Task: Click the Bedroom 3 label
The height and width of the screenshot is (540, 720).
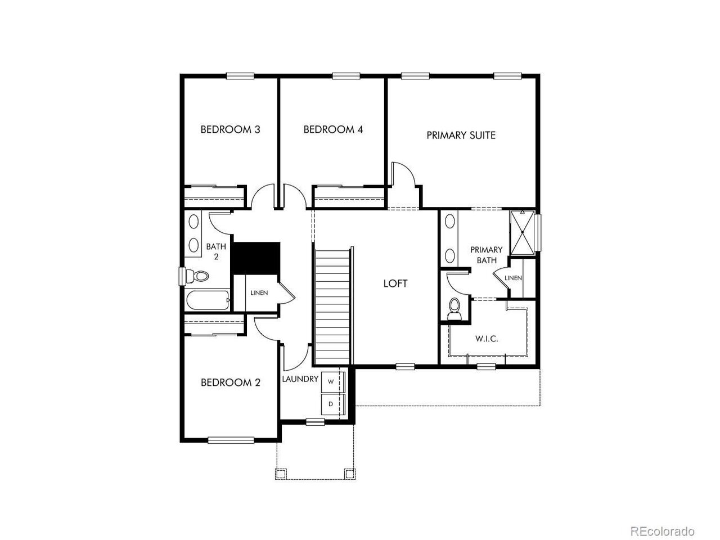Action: tap(230, 129)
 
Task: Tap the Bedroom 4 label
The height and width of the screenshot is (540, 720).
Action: tap(333, 129)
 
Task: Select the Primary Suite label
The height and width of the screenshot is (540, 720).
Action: tap(461, 136)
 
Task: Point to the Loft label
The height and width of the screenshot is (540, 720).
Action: tap(395, 283)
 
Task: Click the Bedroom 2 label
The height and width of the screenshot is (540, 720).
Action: tap(230, 382)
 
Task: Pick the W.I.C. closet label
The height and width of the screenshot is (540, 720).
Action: tap(487, 339)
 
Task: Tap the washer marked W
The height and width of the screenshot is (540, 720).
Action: tap(332, 381)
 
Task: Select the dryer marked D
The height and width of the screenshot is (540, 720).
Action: tap(332, 404)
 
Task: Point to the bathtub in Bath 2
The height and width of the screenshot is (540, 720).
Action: tap(208, 300)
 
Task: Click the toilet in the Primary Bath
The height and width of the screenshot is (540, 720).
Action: tap(454, 308)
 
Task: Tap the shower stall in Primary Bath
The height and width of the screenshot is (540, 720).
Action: tap(522, 232)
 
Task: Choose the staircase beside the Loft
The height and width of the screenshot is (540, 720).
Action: tap(333, 306)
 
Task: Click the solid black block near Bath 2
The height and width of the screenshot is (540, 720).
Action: tap(256, 258)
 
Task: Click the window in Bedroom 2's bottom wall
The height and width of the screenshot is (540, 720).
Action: tap(231, 440)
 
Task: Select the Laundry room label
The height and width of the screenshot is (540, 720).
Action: tap(300, 379)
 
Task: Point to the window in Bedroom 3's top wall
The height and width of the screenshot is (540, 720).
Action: tap(240, 76)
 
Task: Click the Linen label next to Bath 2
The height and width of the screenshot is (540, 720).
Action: tap(259, 293)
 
